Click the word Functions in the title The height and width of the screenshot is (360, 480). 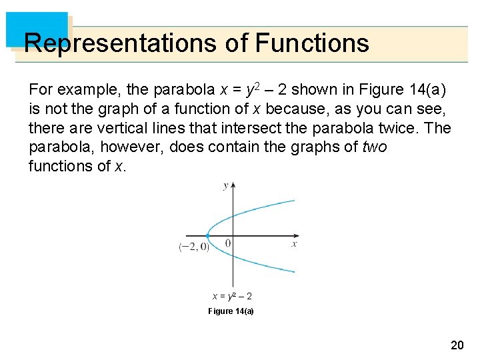click(311, 43)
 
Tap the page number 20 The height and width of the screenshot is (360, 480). click(457, 345)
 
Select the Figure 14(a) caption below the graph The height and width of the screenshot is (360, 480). click(231, 311)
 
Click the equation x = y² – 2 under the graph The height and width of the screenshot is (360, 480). click(232, 296)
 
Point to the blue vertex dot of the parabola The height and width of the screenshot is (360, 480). click(207, 235)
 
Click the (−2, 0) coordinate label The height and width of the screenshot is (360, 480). click(194, 247)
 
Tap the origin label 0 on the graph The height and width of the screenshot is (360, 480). click(227, 244)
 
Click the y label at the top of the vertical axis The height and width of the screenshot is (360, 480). click(225, 185)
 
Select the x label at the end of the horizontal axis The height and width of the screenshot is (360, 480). click(293, 245)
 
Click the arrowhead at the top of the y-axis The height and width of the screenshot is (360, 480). click(232, 184)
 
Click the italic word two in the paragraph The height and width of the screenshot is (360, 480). click(373, 147)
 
